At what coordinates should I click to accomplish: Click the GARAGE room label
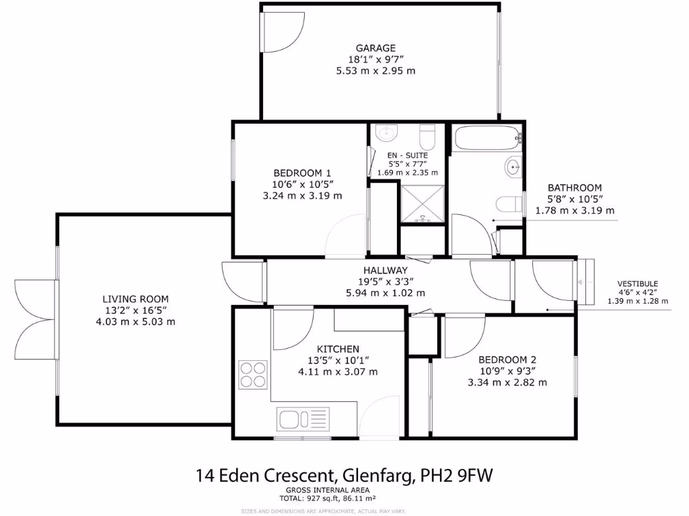(x=375, y=48)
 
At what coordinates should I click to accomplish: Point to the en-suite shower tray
(x=422, y=204)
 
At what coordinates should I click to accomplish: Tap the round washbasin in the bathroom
(x=513, y=166)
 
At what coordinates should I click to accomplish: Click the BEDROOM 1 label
(x=303, y=171)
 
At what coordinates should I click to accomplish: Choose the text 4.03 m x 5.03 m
(x=135, y=321)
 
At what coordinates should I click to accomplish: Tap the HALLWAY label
(x=381, y=270)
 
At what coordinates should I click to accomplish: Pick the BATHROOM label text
(x=574, y=187)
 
